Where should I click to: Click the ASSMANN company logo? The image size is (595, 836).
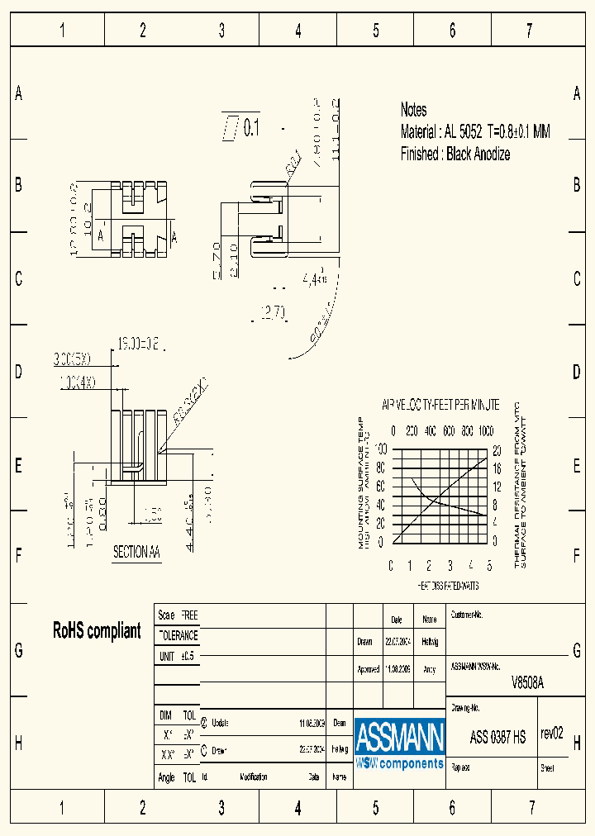pyautogui.click(x=400, y=743)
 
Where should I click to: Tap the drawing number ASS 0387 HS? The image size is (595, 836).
pyautogui.click(x=497, y=738)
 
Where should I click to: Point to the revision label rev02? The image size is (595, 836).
pyautogui.click(x=551, y=734)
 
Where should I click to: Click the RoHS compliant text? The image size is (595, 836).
pyautogui.click(x=97, y=631)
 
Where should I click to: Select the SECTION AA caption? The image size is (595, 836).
pyautogui.click(x=136, y=553)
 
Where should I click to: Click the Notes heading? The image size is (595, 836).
pyautogui.click(x=413, y=110)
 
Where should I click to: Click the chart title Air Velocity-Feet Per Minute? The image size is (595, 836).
pyautogui.click(x=440, y=406)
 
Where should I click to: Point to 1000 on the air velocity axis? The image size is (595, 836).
pyautogui.click(x=486, y=431)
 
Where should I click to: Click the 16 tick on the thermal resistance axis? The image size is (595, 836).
pyautogui.click(x=497, y=468)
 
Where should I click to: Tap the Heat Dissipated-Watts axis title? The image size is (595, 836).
pyautogui.click(x=447, y=585)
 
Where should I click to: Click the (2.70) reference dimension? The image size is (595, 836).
pyautogui.click(x=273, y=312)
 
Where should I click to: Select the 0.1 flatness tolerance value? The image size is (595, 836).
pyautogui.click(x=251, y=128)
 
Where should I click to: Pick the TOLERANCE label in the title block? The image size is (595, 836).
pyautogui.click(x=178, y=636)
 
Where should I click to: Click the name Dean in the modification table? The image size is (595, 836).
pyautogui.click(x=339, y=723)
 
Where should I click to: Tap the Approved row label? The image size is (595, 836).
pyautogui.click(x=368, y=670)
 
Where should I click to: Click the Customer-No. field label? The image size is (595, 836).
pyautogui.click(x=466, y=615)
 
